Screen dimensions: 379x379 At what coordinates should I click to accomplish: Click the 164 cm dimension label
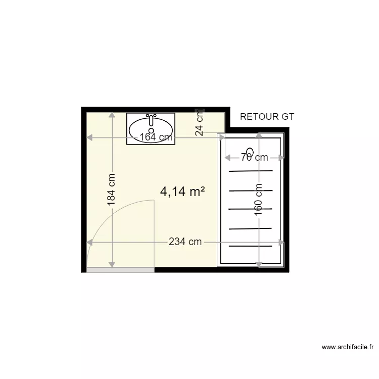coord(156,137)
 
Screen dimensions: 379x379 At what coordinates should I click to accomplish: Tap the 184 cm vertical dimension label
coord(112,190)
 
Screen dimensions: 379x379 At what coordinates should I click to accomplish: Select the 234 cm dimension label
coord(185,242)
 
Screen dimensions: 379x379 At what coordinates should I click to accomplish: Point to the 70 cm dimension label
coord(254,158)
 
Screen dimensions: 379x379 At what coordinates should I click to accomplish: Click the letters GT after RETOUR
coord(288,117)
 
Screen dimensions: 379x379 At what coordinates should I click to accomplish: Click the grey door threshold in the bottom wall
coord(120,270)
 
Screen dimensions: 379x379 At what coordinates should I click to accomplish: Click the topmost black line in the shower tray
coord(251,171)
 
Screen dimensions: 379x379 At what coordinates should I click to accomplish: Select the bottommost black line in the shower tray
coord(251,246)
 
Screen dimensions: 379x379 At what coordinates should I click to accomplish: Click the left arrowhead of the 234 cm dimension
coord(89,242)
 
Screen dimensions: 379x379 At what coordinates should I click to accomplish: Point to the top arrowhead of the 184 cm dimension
coord(112,116)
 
